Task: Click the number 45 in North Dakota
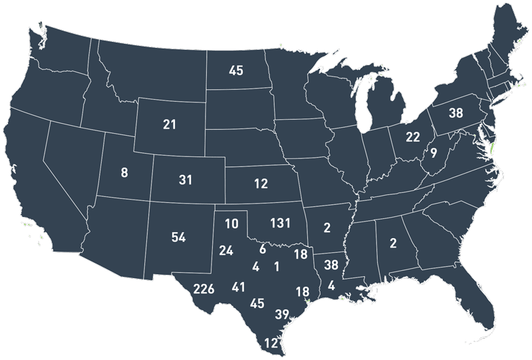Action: pyautogui.click(x=236, y=70)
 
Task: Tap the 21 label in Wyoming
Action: pyautogui.click(x=170, y=124)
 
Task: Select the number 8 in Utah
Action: pyautogui.click(x=124, y=174)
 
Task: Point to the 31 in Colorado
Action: pyautogui.click(x=186, y=180)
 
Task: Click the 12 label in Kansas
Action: pyautogui.click(x=261, y=183)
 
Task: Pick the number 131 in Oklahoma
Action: pyautogui.click(x=280, y=222)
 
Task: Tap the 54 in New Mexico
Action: pyautogui.click(x=178, y=238)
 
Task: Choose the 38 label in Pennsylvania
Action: pyautogui.click(x=456, y=113)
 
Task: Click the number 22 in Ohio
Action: pyautogui.click(x=413, y=136)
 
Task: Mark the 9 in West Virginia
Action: pyautogui.click(x=433, y=154)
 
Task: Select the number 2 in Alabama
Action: pyautogui.click(x=393, y=243)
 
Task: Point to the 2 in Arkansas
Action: pyautogui.click(x=327, y=228)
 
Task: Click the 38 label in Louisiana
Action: pyautogui.click(x=331, y=264)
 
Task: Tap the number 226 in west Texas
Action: pyautogui.click(x=203, y=289)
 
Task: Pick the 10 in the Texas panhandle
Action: pyautogui.click(x=231, y=224)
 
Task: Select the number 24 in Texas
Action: pyautogui.click(x=226, y=250)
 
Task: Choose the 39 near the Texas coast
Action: pyautogui.click(x=282, y=315)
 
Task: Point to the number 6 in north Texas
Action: pyautogui.click(x=263, y=250)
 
